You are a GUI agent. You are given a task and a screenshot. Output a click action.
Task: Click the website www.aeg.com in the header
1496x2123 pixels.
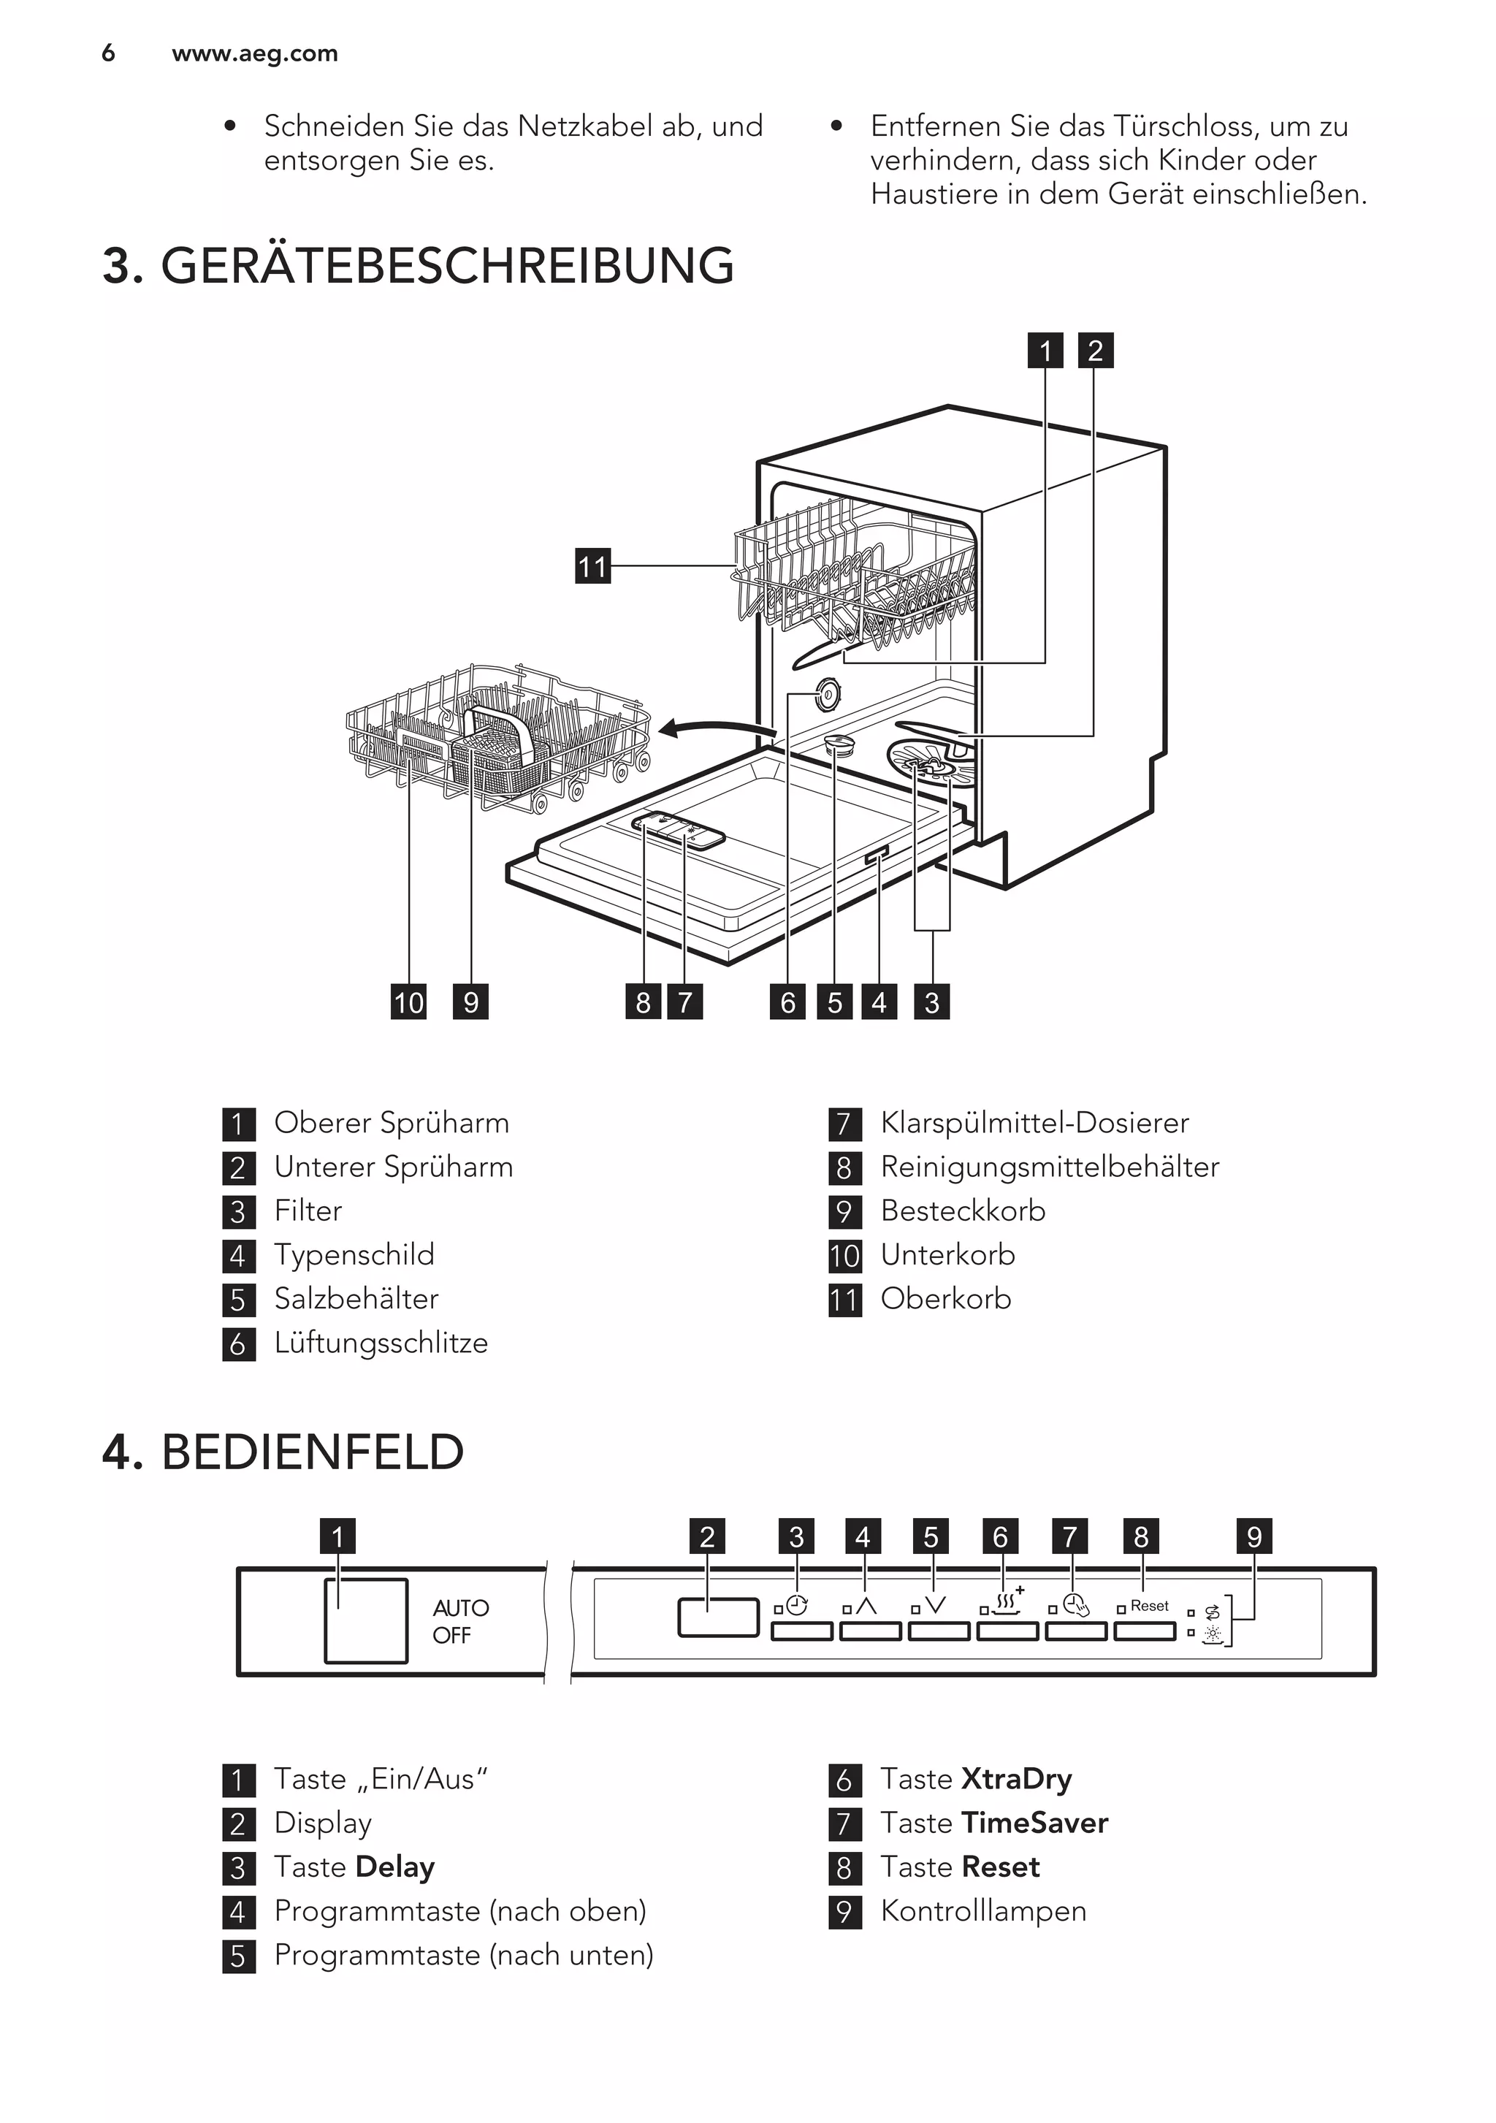pos(254,53)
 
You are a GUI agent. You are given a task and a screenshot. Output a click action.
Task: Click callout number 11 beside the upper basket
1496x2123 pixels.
pos(592,566)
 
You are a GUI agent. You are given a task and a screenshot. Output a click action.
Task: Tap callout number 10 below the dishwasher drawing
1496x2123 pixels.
pos(408,1002)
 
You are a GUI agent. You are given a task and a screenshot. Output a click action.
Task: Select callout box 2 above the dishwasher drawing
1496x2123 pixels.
pos(1096,351)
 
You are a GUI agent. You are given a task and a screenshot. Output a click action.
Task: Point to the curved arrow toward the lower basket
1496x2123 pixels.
pos(717,731)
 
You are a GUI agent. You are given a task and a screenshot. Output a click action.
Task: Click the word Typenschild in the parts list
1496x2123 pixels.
pos(354,1255)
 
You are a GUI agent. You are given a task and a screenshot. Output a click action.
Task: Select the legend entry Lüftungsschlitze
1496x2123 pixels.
pos(381,1343)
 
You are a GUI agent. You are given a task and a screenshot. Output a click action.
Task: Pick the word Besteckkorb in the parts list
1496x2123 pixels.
pos(963,1211)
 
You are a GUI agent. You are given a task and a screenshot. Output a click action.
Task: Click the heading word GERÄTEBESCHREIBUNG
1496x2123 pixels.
pos(448,267)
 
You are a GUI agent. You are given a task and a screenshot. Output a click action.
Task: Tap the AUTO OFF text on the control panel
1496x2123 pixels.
pos(459,1621)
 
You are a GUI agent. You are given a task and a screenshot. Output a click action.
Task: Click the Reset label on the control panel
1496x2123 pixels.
pos(1149,1606)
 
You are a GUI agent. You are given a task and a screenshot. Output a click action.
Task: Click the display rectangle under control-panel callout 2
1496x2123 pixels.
pos(717,1617)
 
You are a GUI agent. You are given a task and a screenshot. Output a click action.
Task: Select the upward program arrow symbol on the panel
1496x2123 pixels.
pos(866,1606)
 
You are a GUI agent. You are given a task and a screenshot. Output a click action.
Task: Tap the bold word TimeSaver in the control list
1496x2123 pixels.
pos(1034,1823)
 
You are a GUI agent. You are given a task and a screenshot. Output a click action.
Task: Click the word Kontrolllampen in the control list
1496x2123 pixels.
pos(983,1910)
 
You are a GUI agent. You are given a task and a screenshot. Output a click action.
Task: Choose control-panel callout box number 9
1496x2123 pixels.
pos(1253,1537)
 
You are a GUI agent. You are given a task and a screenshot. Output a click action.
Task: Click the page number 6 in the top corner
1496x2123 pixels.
pos(108,53)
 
